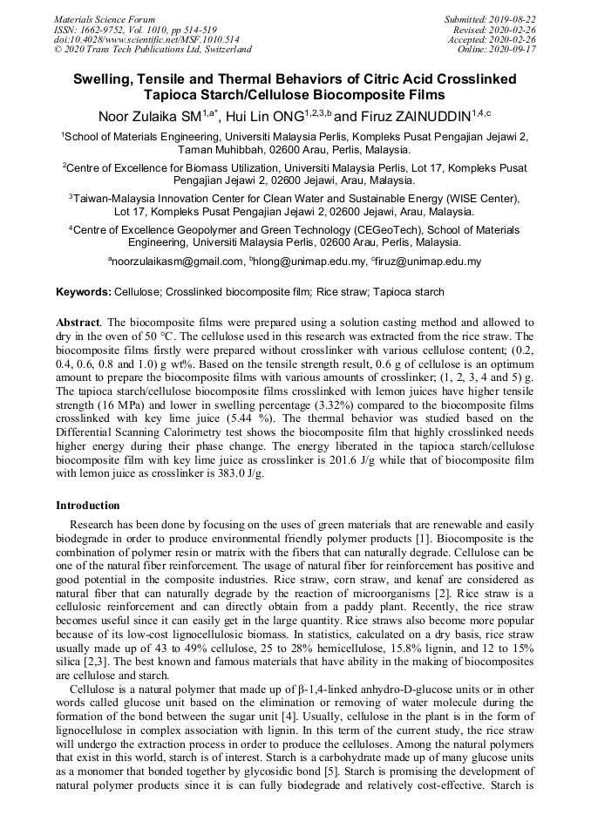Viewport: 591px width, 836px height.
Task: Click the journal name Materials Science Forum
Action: tap(105, 19)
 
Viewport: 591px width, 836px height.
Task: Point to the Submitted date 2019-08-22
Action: tap(514, 19)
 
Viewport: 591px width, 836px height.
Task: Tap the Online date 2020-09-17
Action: tap(514, 49)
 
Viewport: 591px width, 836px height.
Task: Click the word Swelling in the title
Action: tap(103, 79)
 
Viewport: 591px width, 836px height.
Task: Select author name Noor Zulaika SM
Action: tap(150, 116)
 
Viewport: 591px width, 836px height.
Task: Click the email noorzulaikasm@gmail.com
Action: tap(177, 261)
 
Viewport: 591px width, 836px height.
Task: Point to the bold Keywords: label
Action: tap(83, 292)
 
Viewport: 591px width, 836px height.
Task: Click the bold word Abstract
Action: tap(78, 323)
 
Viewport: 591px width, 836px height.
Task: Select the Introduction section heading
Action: tap(88, 506)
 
